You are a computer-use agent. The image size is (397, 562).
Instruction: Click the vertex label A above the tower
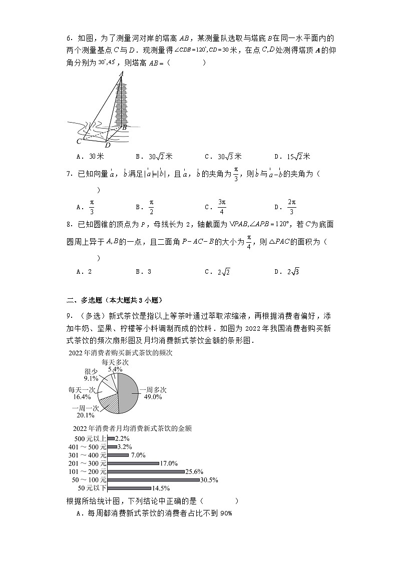[x=121, y=74]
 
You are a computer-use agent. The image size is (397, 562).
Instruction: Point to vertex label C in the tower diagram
[x=79, y=142]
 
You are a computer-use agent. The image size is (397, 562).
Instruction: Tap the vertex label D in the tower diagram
[x=107, y=145]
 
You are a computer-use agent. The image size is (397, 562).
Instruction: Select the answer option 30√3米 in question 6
[x=223, y=156]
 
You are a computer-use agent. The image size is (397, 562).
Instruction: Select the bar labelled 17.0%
[x=133, y=463]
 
